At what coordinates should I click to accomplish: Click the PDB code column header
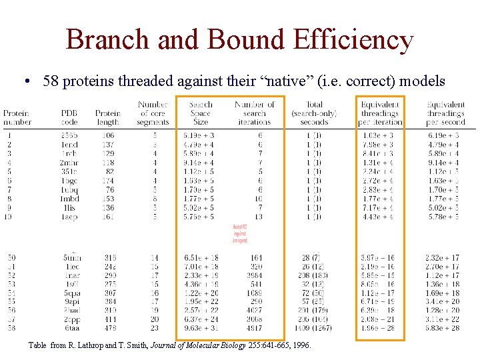click(x=69, y=117)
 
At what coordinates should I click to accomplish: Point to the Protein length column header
click(x=108, y=117)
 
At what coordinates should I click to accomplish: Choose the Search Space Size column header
click(x=200, y=113)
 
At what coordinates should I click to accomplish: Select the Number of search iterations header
click(x=254, y=113)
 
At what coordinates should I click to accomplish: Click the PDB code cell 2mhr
click(x=69, y=163)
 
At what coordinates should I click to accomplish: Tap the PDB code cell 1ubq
click(x=69, y=189)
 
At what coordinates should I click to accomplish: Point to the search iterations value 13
click(x=259, y=217)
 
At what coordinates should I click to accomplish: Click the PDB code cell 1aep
click(x=69, y=217)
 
